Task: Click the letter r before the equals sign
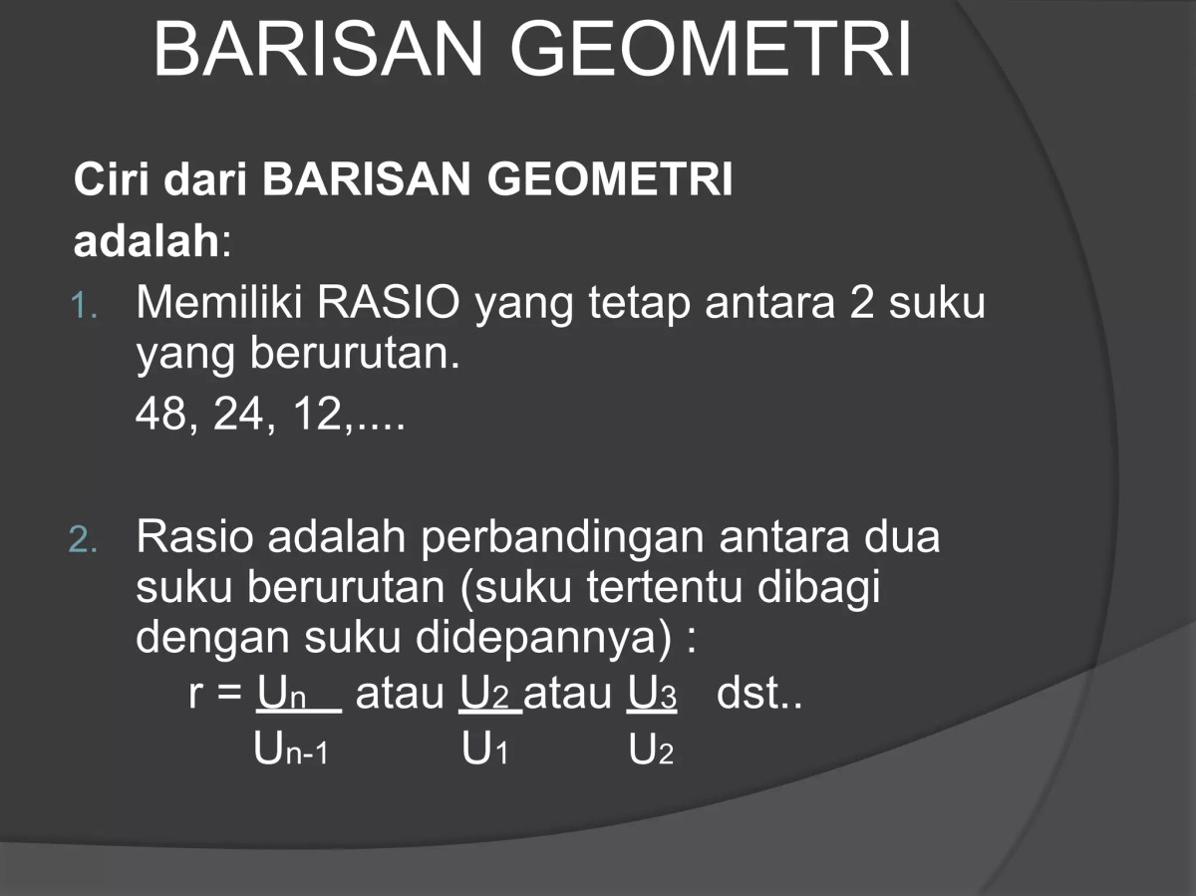click(x=195, y=695)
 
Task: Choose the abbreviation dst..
click(x=757, y=694)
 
